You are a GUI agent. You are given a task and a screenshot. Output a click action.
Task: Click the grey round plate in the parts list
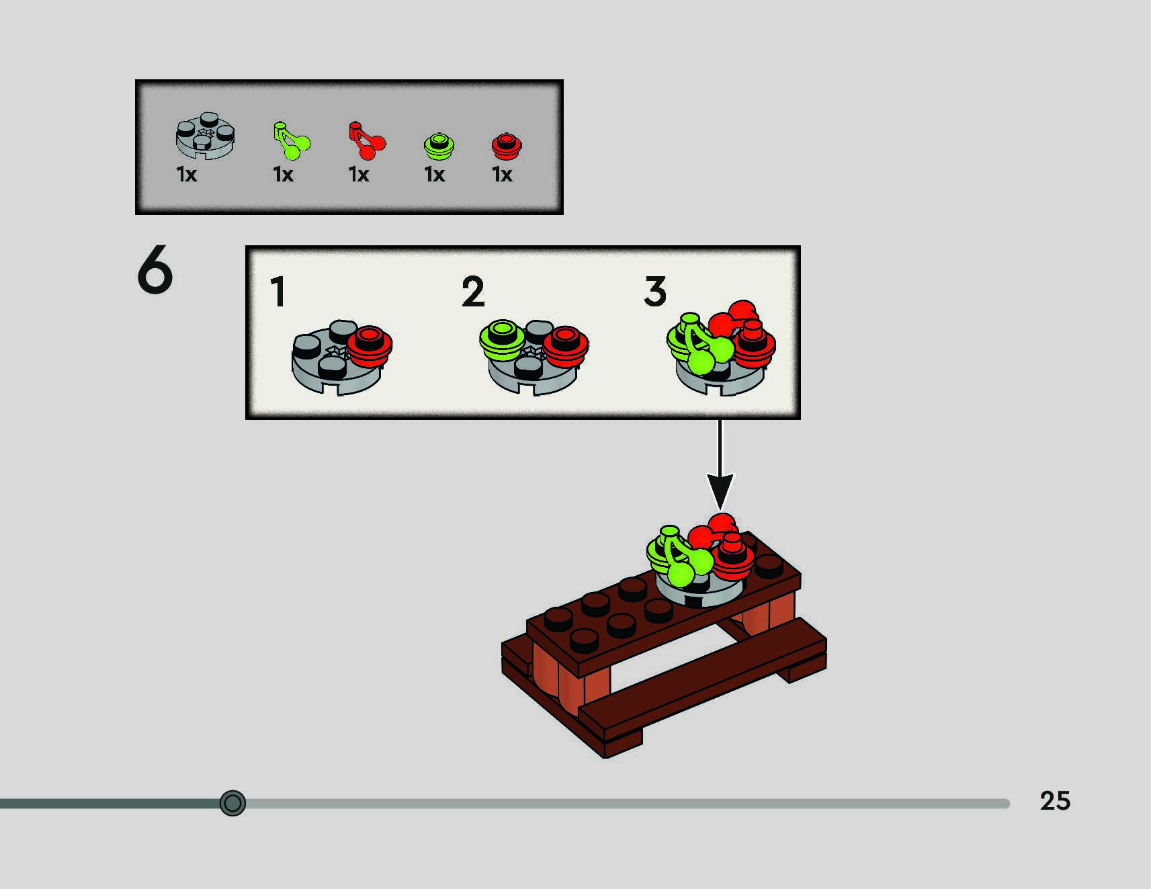point(205,136)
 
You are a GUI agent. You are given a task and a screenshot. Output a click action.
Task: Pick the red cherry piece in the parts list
point(366,141)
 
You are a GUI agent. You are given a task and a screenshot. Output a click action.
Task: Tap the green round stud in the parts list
point(439,146)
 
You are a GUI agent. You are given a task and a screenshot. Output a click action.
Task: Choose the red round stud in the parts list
point(507,146)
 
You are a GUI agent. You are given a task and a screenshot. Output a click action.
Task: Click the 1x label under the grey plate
point(186,175)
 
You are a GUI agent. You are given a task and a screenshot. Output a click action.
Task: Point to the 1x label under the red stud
point(502,175)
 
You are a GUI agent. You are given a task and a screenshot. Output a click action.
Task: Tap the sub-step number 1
point(278,292)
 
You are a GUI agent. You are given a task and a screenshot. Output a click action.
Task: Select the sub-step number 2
point(473,292)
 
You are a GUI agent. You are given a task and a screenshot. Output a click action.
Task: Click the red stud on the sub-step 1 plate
point(369,345)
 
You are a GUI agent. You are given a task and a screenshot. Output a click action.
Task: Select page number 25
point(1054,801)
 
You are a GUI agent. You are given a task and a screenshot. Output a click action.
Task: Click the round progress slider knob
point(232,803)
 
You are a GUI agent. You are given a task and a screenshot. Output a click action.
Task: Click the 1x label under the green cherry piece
point(283,175)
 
